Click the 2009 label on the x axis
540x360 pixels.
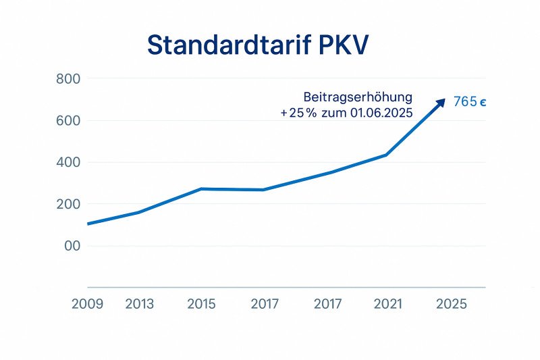87,305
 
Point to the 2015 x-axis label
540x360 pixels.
201,305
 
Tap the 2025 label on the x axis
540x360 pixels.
452,305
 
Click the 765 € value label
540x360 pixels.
470,103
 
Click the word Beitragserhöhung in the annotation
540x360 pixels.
358,97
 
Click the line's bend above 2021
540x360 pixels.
386,155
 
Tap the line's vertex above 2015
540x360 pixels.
201,188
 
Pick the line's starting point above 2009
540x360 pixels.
88,224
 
